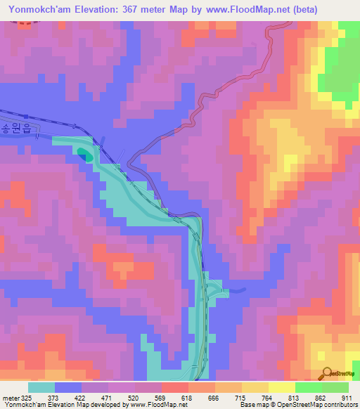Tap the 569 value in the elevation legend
coord(160,398)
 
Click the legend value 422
coord(79,398)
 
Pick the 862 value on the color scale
coord(321,398)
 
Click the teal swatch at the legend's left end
coord(41,387)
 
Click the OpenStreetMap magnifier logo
coord(326,372)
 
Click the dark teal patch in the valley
coord(84,154)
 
